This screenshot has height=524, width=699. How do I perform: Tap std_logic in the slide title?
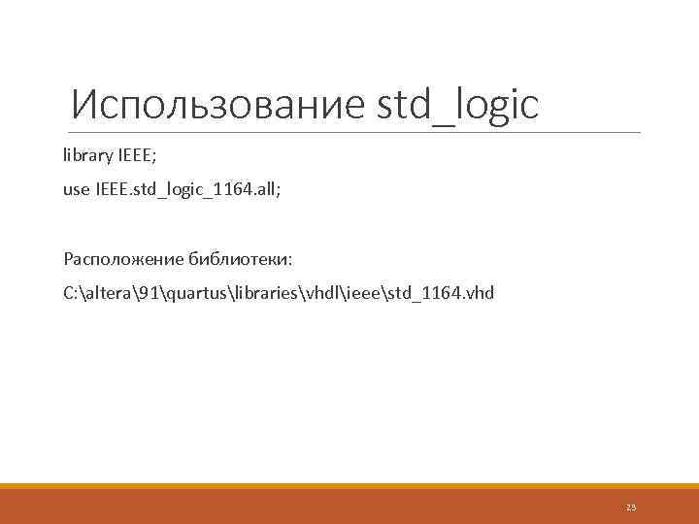(x=457, y=105)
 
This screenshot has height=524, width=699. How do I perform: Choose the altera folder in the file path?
(x=109, y=292)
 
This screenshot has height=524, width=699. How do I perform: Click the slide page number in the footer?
(x=631, y=507)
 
